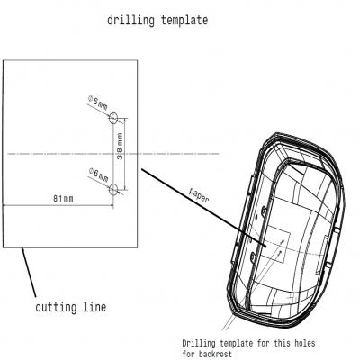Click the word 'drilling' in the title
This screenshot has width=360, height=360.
130,21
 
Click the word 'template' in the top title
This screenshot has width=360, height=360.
184,21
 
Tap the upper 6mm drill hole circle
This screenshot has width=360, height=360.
113,118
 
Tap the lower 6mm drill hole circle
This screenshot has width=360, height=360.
113,189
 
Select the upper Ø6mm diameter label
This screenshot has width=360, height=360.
98,103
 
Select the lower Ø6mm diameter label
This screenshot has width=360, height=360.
99,175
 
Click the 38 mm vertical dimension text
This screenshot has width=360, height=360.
120,147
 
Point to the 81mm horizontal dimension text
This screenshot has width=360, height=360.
63,199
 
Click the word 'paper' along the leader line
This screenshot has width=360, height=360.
199,195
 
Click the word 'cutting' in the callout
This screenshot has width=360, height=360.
56,307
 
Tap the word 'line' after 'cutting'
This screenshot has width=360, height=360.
94,307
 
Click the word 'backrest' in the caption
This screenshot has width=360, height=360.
215,354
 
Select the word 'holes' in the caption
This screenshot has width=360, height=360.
304,343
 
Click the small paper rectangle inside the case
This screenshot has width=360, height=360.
276,245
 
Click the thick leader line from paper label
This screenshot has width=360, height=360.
204,208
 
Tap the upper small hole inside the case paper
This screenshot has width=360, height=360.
283,240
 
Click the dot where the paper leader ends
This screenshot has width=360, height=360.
265,246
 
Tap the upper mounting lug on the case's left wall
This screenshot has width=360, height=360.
264,211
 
